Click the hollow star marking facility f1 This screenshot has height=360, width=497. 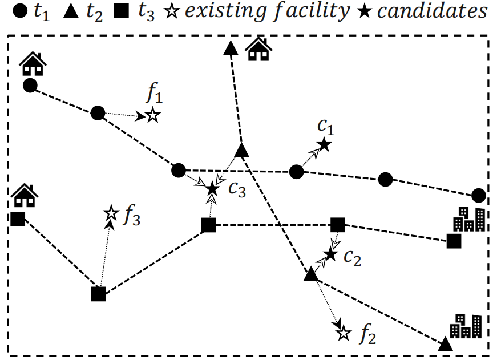[152, 115]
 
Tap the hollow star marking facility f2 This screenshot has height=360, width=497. [343, 333]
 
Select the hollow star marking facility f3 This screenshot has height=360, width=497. [110, 214]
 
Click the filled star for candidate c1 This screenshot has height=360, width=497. [324, 145]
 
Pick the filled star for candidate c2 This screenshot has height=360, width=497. [330, 254]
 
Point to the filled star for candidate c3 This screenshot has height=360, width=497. [212, 188]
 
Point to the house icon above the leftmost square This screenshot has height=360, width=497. [24, 195]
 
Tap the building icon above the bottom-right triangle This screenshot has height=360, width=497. [466, 325]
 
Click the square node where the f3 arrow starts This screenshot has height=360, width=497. [99, 294]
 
